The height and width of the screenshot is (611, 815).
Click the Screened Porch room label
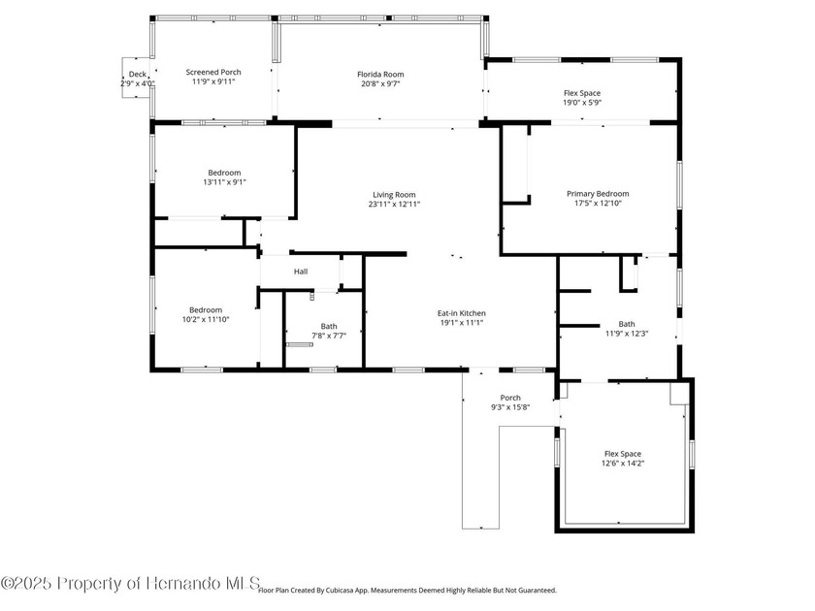tap(212, 72)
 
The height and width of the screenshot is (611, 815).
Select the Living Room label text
tap(394, 194)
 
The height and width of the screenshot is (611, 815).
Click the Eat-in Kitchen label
tap(461, 312)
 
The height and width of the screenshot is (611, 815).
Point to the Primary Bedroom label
tap(598, 193)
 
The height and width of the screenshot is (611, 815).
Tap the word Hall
tap(301, 272)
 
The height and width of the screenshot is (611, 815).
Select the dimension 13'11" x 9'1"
tap(224, 181)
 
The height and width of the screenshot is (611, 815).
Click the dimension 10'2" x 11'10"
tap(206, 320)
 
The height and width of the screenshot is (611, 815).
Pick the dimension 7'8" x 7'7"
tap(329, 336)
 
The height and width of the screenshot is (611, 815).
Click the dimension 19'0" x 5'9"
tap(582, 103)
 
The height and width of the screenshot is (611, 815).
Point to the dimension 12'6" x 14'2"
tap(622, 464)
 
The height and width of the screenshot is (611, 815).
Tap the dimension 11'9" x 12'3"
tap(626, 334)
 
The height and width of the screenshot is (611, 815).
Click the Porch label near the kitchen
tap(510, 397)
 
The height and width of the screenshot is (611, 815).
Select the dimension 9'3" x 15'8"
tap(510, 407)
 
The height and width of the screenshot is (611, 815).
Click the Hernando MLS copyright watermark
tap(130, 583)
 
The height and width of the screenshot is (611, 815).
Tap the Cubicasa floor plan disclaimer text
tap(407, 590)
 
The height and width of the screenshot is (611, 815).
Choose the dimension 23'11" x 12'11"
tap(394, 204)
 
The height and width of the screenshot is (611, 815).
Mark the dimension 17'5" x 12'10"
tap(598, 203)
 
